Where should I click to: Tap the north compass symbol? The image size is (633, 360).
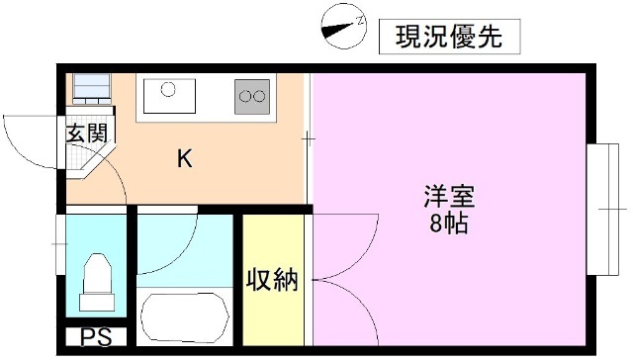coord(344,27)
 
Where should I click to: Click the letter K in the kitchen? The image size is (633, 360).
coord(184,157)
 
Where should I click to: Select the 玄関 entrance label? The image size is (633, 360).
coord(86,135)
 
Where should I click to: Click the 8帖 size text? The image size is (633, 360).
coord(449,224)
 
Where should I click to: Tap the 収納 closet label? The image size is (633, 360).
coord(272,280)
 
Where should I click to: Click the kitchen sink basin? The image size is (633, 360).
coord(170,95)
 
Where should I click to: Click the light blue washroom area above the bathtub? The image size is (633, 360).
coord(183,247)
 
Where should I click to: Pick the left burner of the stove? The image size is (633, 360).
coord(245,97)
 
